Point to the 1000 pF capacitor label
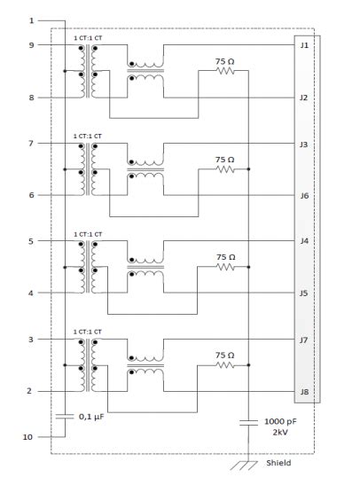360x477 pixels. (281, 422)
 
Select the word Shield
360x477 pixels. (278, 463)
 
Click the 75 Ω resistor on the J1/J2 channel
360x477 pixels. (225, 71)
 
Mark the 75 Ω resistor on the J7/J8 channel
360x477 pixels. (225, 364)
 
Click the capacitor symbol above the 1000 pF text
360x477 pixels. (248, 421)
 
